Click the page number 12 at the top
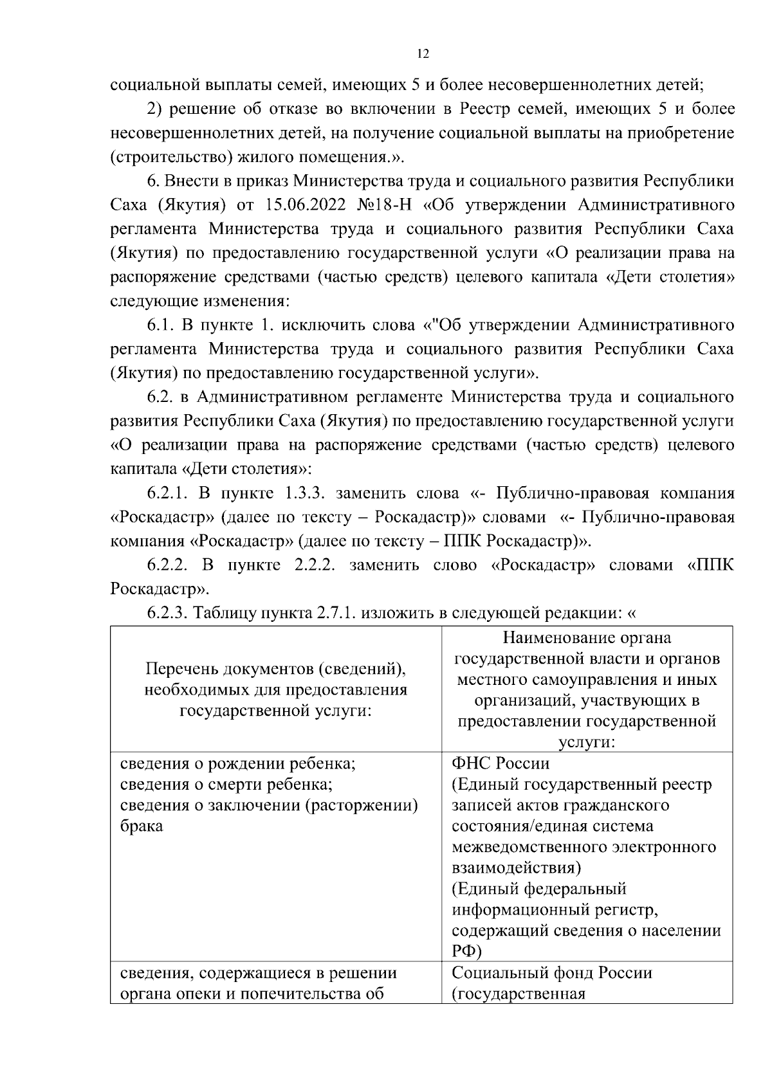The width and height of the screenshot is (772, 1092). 423,54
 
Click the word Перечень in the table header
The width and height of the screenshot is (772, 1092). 181,669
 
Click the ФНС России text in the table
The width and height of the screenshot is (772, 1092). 501,764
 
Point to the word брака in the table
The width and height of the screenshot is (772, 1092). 142,826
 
